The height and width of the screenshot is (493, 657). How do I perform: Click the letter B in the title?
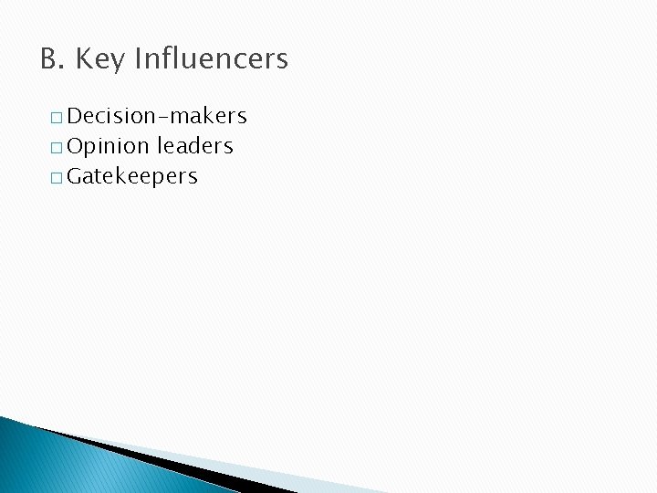point(48,60)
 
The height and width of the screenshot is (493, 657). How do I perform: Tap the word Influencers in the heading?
point(211,60)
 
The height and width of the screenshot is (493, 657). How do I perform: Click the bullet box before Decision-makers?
point(57,118)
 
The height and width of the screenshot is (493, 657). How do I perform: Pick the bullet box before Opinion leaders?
point(57,148)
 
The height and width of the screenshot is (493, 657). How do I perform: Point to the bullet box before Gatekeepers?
point(57,178)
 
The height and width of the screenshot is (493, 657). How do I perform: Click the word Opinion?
point(108,146)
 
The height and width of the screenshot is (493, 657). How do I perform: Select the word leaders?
point(195,146)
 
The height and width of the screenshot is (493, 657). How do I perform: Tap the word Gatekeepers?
point(132,177)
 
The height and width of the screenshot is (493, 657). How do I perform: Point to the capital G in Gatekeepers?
point(75,176)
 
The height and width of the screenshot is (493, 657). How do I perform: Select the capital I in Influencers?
point(138,60)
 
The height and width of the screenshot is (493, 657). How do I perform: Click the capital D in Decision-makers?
point(75,116)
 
